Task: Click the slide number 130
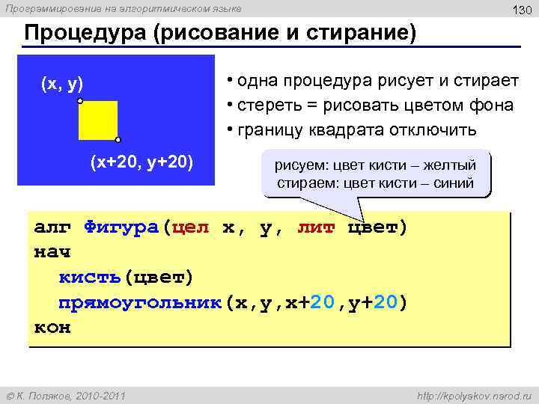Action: [521, 10]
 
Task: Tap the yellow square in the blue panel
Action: [98, 120]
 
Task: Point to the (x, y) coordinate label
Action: [61, 83]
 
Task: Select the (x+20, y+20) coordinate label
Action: [141, 161]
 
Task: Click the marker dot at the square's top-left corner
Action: [79, 100]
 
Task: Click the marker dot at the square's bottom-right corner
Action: [118, 139]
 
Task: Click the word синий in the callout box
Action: [454, 183]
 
